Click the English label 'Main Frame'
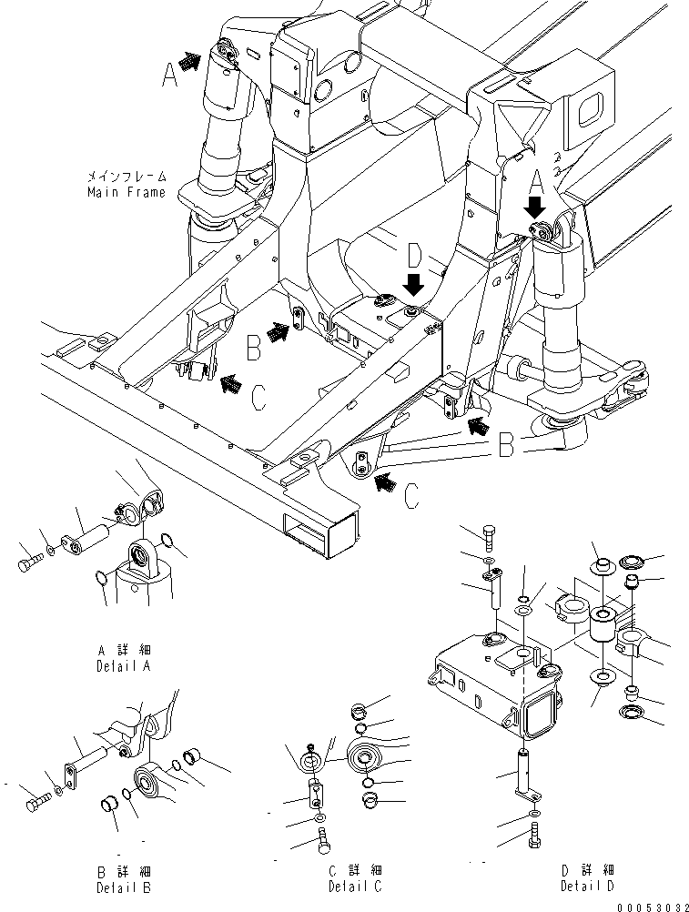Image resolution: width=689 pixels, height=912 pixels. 127,192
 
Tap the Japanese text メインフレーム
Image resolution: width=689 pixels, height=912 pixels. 127,177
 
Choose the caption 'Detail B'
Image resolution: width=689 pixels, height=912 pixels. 124,886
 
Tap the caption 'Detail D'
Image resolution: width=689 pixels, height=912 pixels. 587,886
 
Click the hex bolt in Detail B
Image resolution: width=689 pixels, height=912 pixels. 39,804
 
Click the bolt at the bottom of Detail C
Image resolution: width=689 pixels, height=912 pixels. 325,844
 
